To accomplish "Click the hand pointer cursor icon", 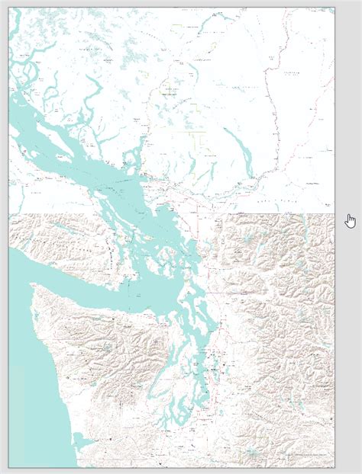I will coord(351,220).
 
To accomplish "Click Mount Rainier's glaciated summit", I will coord(252,455).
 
